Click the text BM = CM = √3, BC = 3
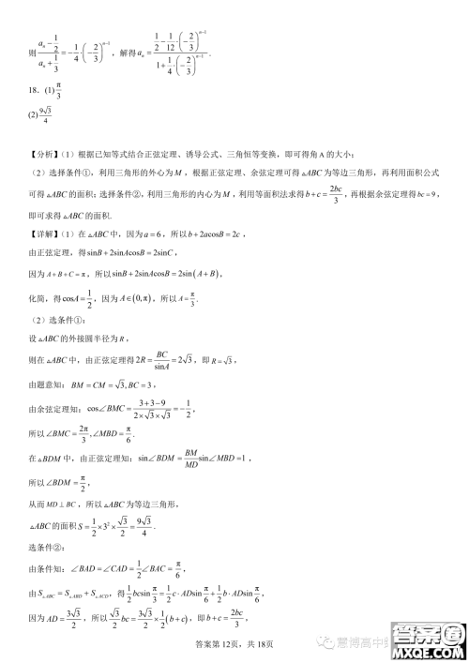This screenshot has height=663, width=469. [118, 385]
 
